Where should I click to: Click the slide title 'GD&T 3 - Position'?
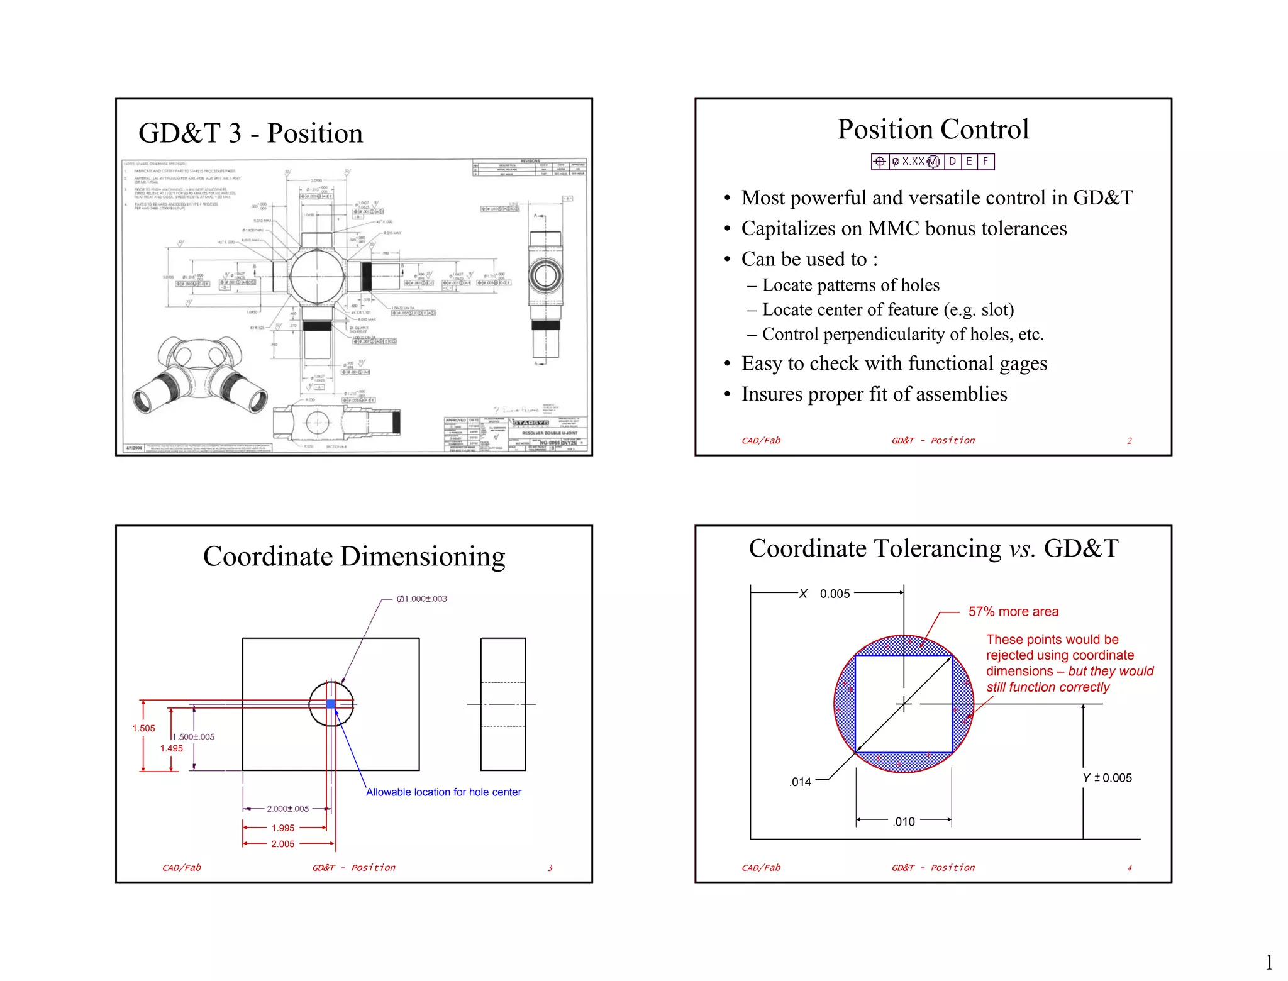click(250, 133)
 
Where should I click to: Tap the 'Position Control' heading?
click(933, 130)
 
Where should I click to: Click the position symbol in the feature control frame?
click(880, 162)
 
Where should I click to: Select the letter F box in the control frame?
click(985, 162)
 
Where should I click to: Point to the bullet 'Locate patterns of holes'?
click(850, 285)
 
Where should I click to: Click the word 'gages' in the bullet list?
click(1024, 363)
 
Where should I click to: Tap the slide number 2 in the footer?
click(1129, 441)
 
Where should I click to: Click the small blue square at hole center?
click(331, 704)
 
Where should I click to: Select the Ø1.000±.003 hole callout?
click(421, 599)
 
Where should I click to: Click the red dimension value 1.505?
click(143, 728)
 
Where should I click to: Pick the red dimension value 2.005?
click(282, 844)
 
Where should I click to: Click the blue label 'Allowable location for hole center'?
click(443, 792)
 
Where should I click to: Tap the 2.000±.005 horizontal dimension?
click(287, 809)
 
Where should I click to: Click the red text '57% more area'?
click(1013, 612)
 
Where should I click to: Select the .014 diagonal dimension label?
click(801, 782)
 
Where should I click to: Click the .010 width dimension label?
click(904, 822)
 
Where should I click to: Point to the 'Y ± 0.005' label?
click(1107, 778)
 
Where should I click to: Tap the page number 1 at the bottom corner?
click(1269, 962)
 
